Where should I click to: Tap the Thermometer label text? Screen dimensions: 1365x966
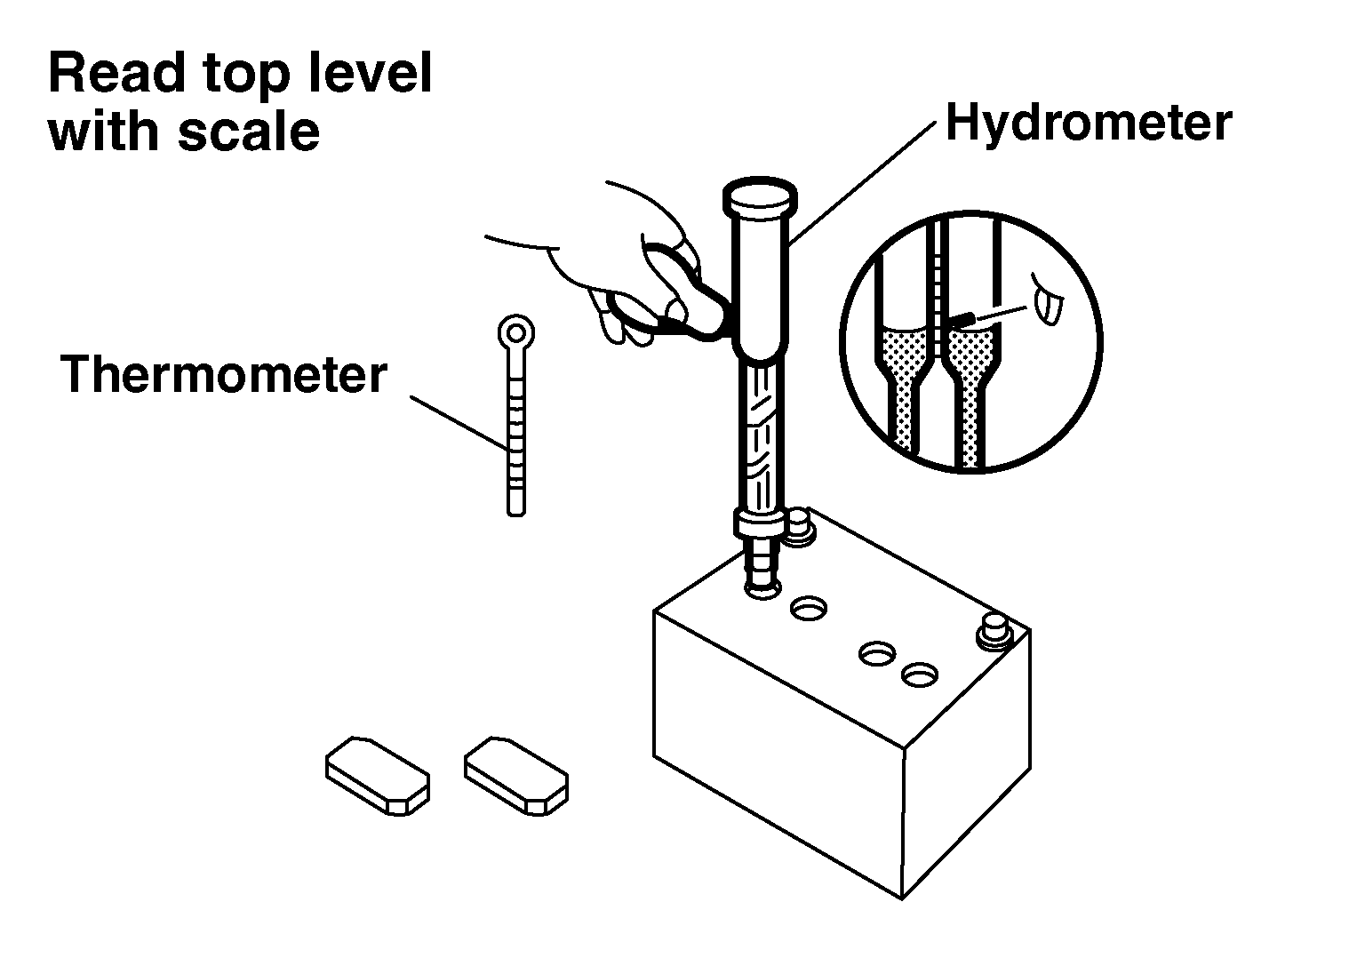coord(224,374)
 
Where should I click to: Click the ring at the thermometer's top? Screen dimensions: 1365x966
coord(516,332)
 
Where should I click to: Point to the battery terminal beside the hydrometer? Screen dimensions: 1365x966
coord(800,528)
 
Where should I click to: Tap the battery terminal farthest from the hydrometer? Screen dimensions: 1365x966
coord(994,633)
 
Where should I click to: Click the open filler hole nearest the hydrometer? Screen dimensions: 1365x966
coord(809,608)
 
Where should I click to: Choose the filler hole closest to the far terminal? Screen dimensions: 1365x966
coord(920,675)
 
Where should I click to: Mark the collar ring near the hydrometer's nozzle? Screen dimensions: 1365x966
coord(759,523)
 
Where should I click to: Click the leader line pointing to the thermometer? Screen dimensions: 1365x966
coord(459,425)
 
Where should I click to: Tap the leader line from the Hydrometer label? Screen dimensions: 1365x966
coord(862,184)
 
